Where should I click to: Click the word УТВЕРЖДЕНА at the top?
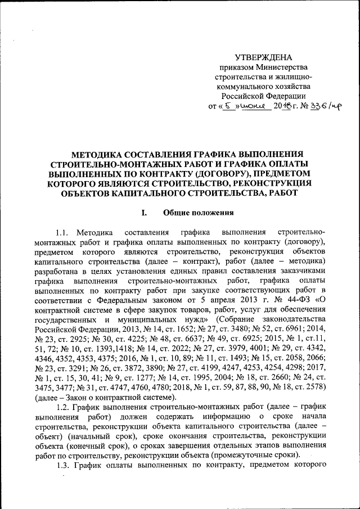(263, 58)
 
